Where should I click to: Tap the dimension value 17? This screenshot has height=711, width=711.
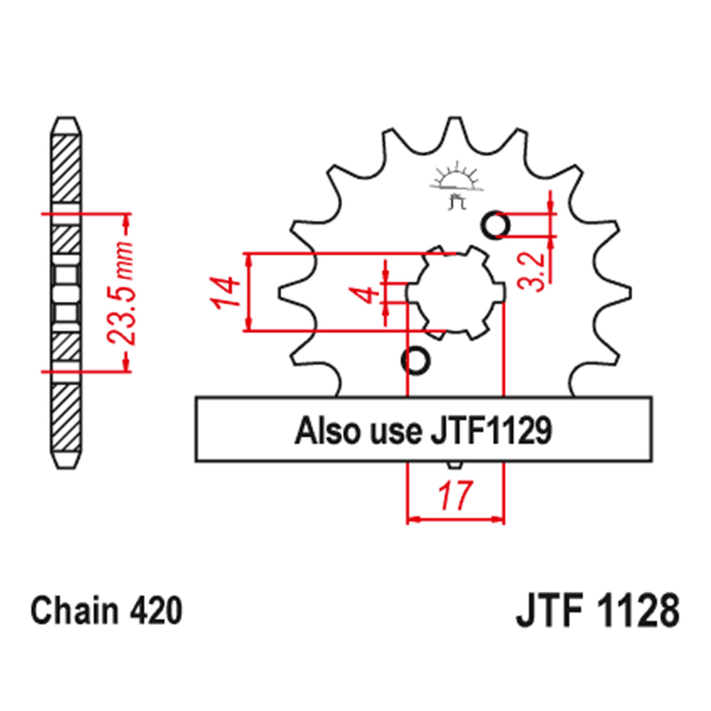pyautogui.click(x=456, y=496)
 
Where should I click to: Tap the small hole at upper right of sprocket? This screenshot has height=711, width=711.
pyautogui.click(x=496, y=226)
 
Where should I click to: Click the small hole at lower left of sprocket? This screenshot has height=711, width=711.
pyautogui.click(x=416, y=360)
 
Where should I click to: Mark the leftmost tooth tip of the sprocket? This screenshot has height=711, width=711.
pyautogui.click(x=282, y=292)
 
